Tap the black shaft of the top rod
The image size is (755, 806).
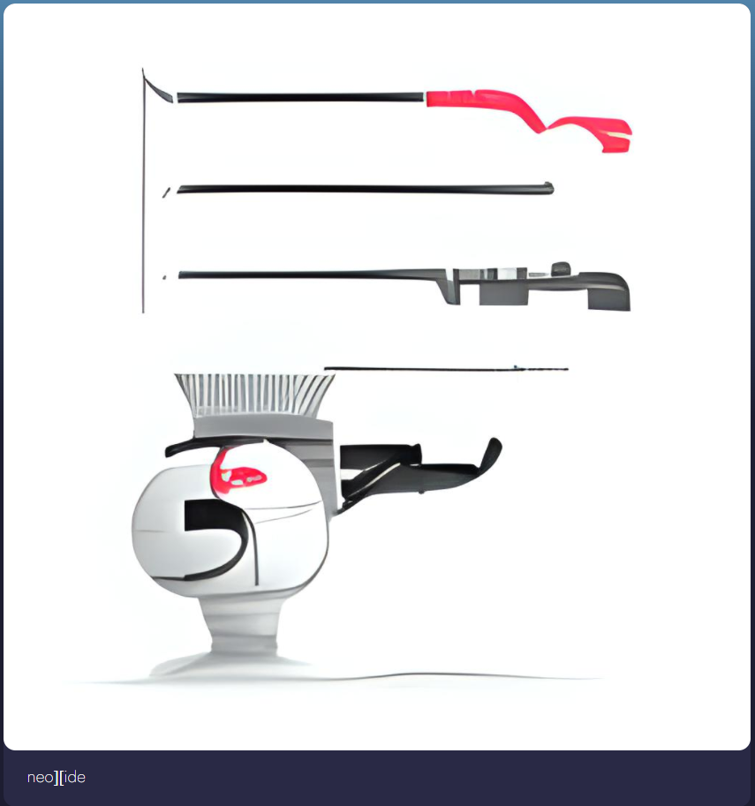[x=300, y=97]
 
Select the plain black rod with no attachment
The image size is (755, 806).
[x=366, y=189]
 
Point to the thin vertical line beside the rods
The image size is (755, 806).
[x=143, y=190]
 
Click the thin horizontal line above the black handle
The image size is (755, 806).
[x=446, y=368]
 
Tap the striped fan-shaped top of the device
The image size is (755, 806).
[x=254, y=395]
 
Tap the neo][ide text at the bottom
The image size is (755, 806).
[x=56, y=777]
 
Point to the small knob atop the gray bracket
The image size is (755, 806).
[x=561, y=268]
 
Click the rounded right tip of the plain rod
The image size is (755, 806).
[x=550, y=188]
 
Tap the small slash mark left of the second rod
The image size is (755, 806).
[x=166, y=192]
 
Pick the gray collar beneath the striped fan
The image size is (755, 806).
[x=262, y=427]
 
